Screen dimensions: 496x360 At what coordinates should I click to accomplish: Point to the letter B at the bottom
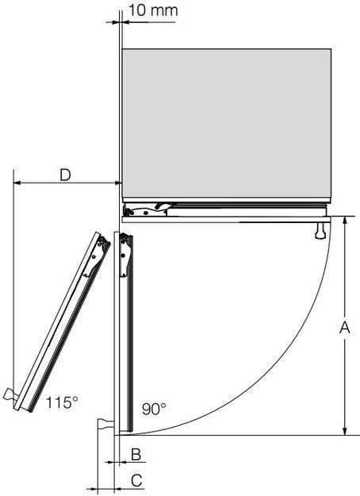pos(136,454)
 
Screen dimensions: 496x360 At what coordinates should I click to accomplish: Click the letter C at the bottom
pos(136,479)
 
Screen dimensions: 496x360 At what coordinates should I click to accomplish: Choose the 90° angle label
pos(154,409)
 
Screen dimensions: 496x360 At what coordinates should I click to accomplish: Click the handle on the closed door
pos(320,230)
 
